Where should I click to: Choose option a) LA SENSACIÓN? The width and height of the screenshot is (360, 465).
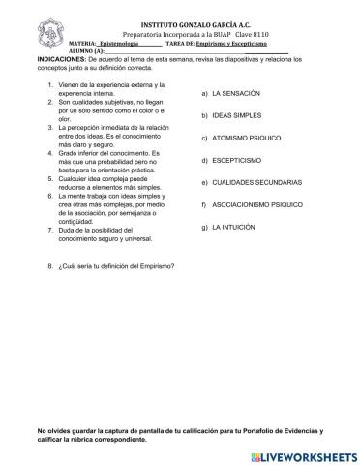click(x=231, y=94)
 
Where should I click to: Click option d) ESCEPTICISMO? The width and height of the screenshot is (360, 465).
click(x=232, y=160)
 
